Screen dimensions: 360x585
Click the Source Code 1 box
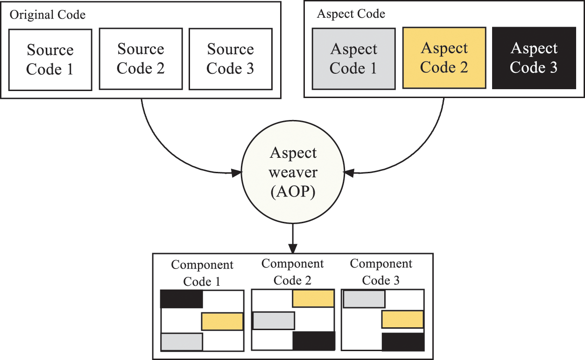[x=50, y=59]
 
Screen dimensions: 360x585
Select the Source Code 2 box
[x=141, y=58]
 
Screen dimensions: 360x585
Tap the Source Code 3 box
[x=231, y=58]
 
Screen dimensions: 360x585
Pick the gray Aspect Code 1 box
[x=353, y=58]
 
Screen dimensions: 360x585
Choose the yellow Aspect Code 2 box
[x=444, y=57]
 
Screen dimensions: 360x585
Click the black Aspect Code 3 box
[x=534, y=57]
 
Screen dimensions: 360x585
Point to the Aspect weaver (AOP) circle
[x=293, y=173]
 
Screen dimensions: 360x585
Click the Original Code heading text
[x=48, y=15]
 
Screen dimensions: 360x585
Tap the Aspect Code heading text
[x=351, y=14]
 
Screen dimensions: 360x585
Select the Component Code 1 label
[x=202, y=273]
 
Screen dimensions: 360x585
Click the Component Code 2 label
[x=292, y=272]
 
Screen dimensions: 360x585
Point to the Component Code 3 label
[x=381, y=272]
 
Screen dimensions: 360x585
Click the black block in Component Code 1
[x=181, y=299]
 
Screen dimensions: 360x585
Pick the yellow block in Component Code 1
[x=222, y=321]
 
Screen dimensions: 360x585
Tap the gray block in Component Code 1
[x=182, y=342]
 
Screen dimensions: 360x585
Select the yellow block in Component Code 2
[x=313, y=298]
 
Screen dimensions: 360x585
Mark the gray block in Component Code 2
[x=274, y=320]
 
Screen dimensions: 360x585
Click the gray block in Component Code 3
[x=364, y=299]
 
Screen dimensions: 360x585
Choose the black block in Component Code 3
[x=403, y=342]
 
